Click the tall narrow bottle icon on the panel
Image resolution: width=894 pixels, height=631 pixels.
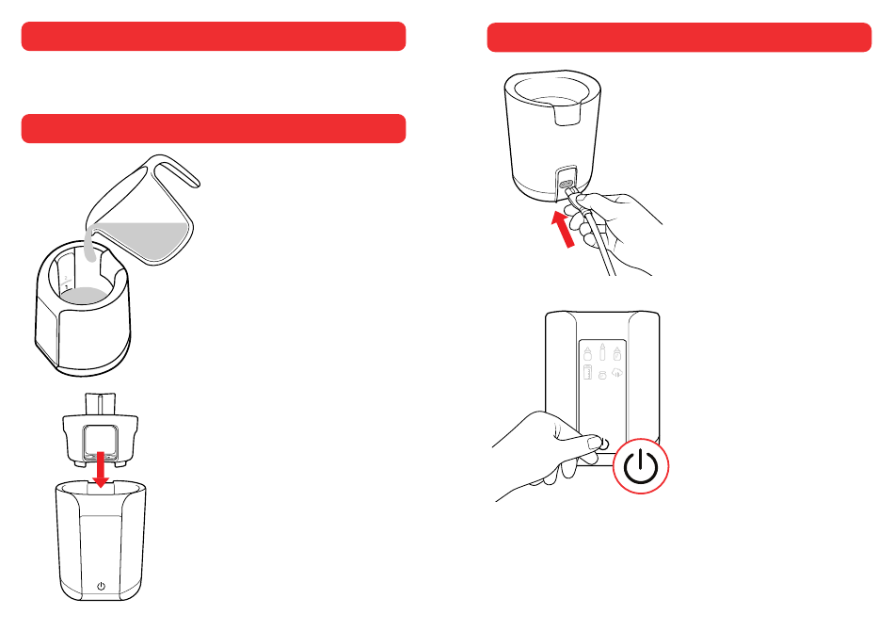(603, 356)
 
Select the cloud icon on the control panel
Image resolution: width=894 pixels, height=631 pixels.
(618, 373)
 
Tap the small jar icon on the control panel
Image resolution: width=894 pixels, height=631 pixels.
(603, 375)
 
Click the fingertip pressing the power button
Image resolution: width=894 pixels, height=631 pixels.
(594, 440)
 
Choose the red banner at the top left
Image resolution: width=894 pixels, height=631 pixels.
(214, 37)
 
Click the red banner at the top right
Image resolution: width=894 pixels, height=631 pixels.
(679, 39)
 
